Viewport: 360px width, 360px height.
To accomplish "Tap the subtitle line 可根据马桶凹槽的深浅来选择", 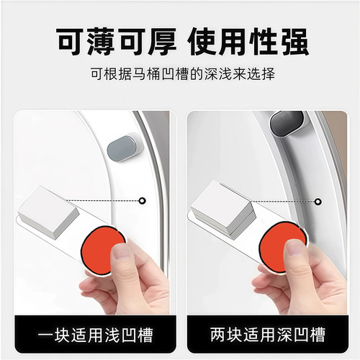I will [179, 74].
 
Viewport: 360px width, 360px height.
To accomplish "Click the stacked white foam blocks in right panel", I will [222, 209].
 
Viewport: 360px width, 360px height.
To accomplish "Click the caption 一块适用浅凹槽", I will [91, 336].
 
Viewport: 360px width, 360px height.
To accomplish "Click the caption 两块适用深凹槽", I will [268, 336].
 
